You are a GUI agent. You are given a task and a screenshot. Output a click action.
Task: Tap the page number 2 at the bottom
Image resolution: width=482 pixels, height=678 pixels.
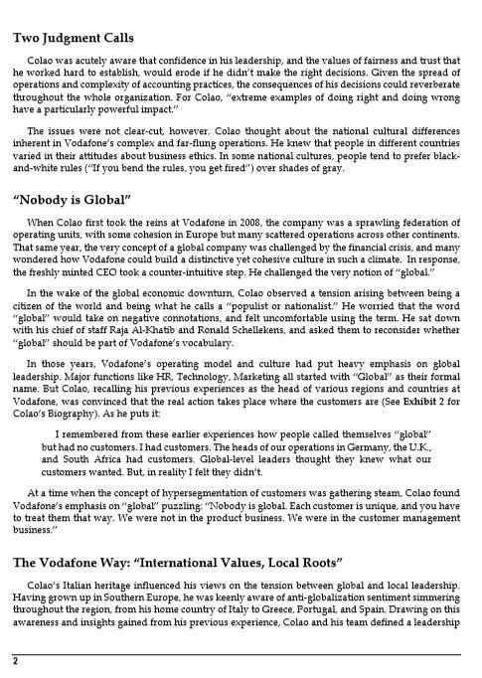[x=16, y=661]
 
